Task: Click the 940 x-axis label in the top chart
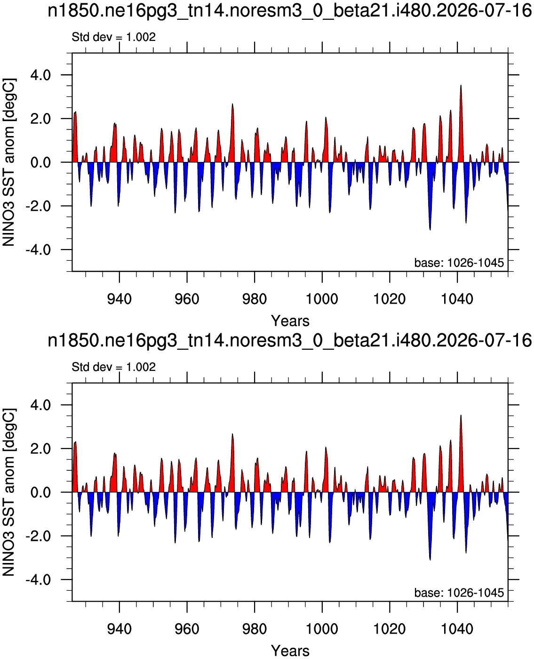[x=120, y=299]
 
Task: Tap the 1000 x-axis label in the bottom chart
[x=322, y=629]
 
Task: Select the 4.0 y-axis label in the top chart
[x=40, y=75]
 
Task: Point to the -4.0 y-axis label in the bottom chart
[x=38, y=579]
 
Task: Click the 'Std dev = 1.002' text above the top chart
[x=113, y=37]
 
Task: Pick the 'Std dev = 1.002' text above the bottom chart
[x=113, y=367]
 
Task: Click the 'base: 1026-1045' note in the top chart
[x=459, y=263]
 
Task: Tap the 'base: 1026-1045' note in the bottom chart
[x=459, y=593]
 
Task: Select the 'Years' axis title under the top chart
[x=290, y=321]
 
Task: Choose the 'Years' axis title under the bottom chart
[x=290, y=651]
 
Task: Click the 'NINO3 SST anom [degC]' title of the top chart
[x=8, y=162]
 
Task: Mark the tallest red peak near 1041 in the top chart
[x=461, y=85]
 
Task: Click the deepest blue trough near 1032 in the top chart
[x=430, y=230]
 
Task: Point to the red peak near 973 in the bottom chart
[x=232, y=434]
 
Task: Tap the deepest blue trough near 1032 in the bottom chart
[x=430, y=560]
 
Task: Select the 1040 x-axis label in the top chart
[x=457, y=299]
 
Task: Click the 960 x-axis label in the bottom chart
[x=187, y=629]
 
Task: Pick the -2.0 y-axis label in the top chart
[x=38, y=206]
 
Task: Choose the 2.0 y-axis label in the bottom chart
[x=40, y=449]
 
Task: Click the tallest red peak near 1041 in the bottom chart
[x=461, y=416]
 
